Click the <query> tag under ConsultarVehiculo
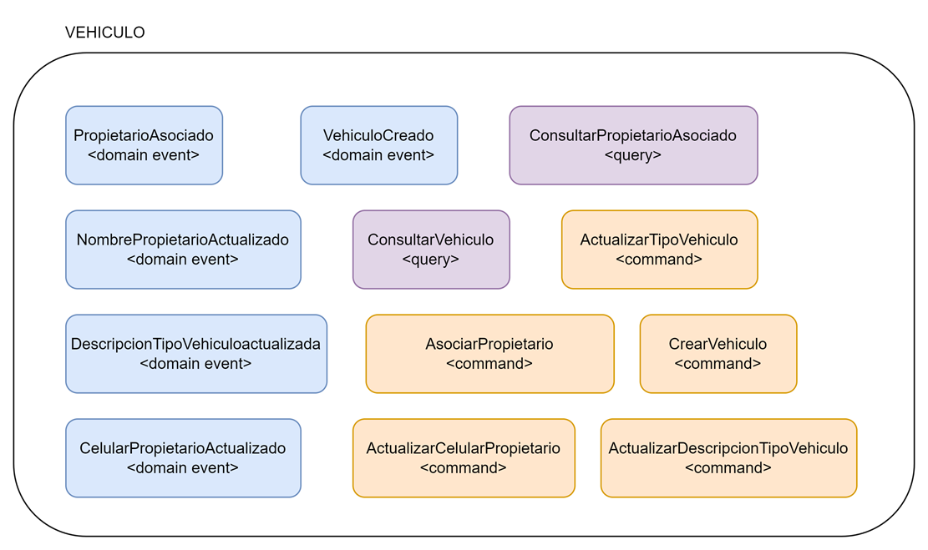pyautogui.click(x=430, y=260)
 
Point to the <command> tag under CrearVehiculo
pyautogui.click(x=718, y=364)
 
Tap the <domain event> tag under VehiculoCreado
pyautogui.click(x=378, y=155)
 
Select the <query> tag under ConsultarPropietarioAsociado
pyautogui.click(x=633, y=155)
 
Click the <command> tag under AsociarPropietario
pyautogui.click(x=489, y=364)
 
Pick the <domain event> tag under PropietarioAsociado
pyautogui.click(x=144, y=155)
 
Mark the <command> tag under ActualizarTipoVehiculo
pyautogui.click(x=659, y=260)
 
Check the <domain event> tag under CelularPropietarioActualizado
pyautogui.click(x=183, y=468)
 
